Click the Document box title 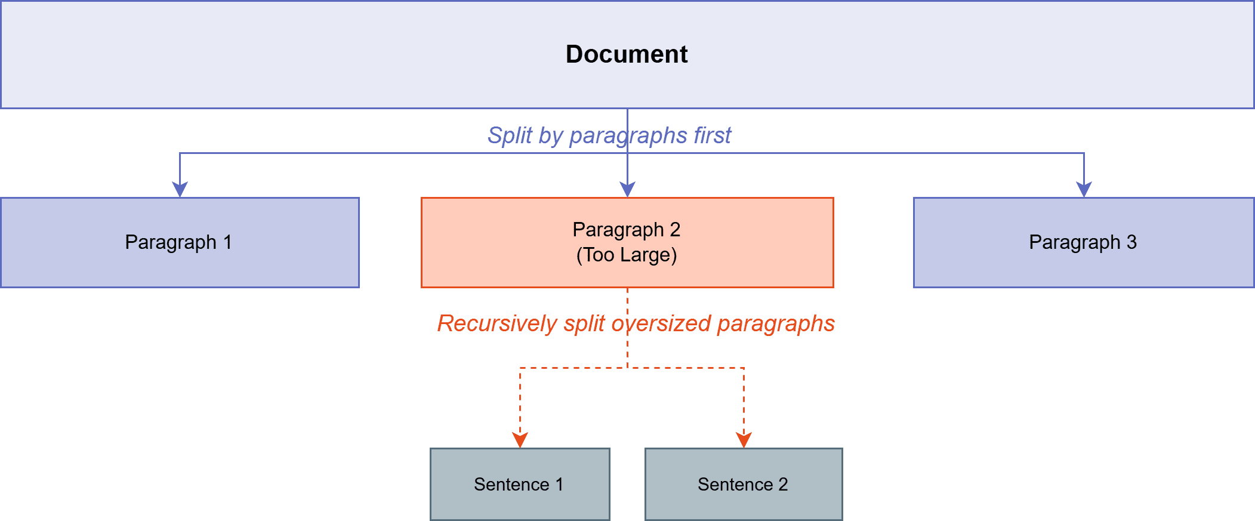pos(627,54)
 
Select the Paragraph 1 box pos(179,242)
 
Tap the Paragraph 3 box pos(1083,242)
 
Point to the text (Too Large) pos(627,255)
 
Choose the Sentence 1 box pos(519,484)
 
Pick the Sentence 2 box pos(743,484)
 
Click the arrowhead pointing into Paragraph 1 pos(180,190)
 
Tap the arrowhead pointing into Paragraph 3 pos(1084,190)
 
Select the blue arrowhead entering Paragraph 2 pos(627,190)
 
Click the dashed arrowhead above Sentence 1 pos(520,440)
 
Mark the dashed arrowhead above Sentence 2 pos(744,440)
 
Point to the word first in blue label pos(712,135)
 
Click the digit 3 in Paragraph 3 pos(1131,242)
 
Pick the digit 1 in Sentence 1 pos(559,484)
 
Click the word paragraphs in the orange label pos(776,323)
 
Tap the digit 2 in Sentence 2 pos(783,484)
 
